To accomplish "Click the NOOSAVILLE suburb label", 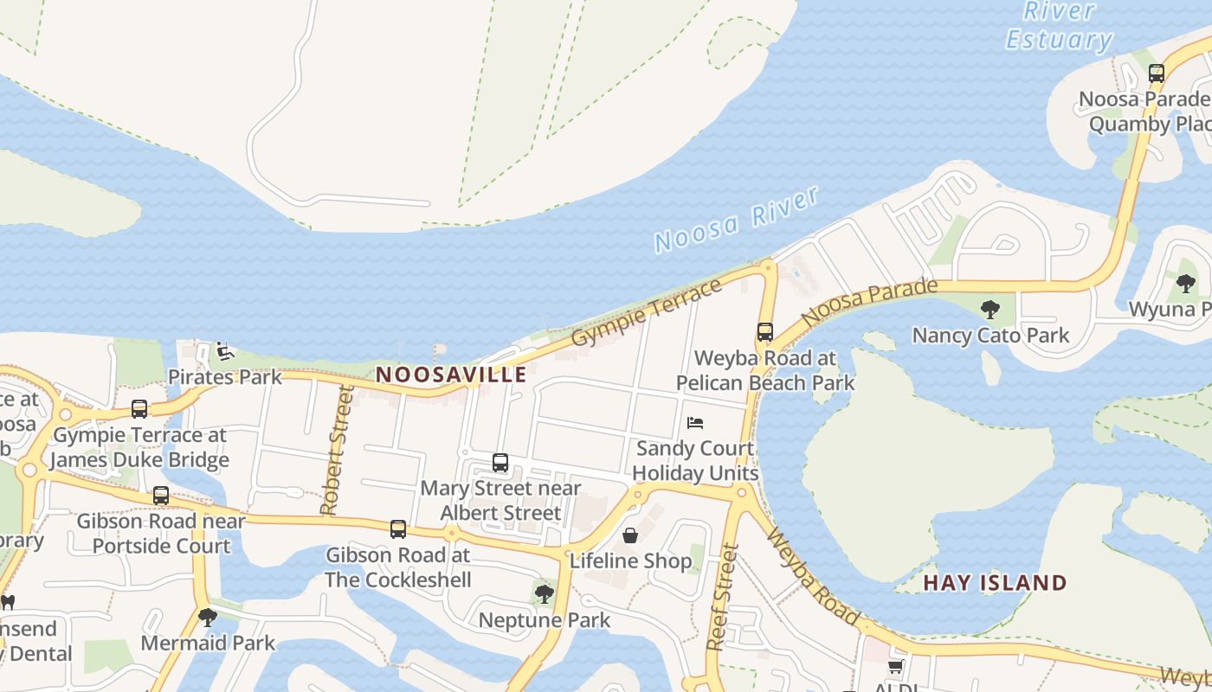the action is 451,375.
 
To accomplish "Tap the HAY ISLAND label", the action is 995,582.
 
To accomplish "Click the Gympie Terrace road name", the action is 647,312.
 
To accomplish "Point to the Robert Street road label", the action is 338,451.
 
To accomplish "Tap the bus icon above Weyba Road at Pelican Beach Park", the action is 764,332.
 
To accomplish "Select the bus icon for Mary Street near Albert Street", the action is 500,463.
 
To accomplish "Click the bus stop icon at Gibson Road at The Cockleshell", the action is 397,529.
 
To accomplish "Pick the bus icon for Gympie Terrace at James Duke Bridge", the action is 139,409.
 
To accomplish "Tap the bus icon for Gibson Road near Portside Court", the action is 161,496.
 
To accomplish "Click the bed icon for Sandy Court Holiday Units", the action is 695,423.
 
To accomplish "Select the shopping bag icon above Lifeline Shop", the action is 630,535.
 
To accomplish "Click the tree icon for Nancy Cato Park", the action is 990,310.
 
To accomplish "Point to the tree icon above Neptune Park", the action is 544,594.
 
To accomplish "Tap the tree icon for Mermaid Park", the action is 207,618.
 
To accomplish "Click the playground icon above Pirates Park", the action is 224,351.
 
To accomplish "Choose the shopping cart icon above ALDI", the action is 895,666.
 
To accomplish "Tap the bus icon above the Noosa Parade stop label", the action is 1157,74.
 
